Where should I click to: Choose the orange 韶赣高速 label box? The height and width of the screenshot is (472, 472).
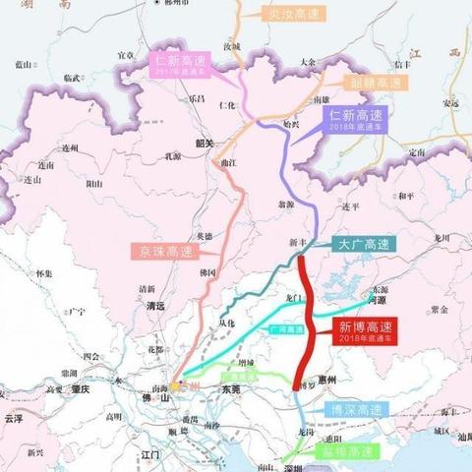(369, 83)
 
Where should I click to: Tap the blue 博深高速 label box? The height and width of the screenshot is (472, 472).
(353, 409)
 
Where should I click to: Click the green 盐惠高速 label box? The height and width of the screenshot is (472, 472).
(349, 451)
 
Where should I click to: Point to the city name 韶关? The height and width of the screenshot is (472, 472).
(205, 143)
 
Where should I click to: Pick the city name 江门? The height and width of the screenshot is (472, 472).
(151, 455)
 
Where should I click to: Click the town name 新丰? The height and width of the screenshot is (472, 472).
(300, 242)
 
